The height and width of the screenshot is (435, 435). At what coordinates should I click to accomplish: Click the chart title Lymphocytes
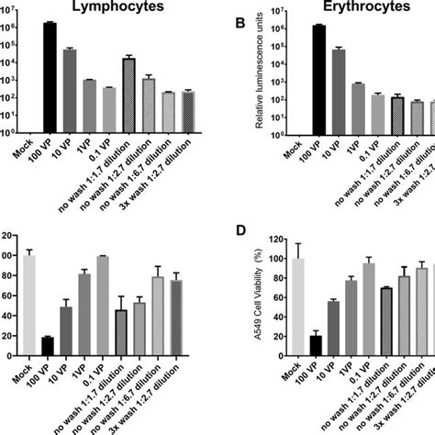(117, 7)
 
